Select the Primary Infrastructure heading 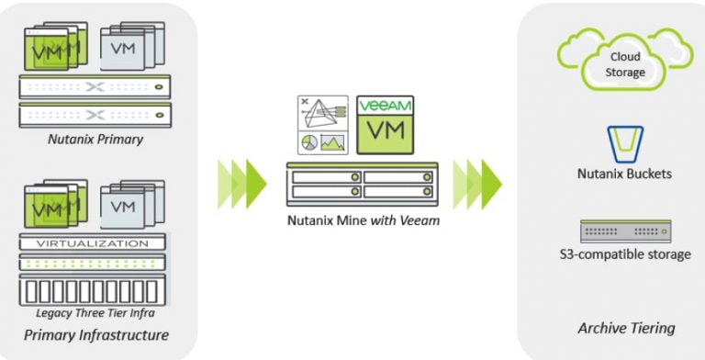[96, 333]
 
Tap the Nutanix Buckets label [624, 174]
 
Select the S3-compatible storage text [624, 253]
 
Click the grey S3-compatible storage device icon [625, 231]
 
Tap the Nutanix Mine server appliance [364, 184]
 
